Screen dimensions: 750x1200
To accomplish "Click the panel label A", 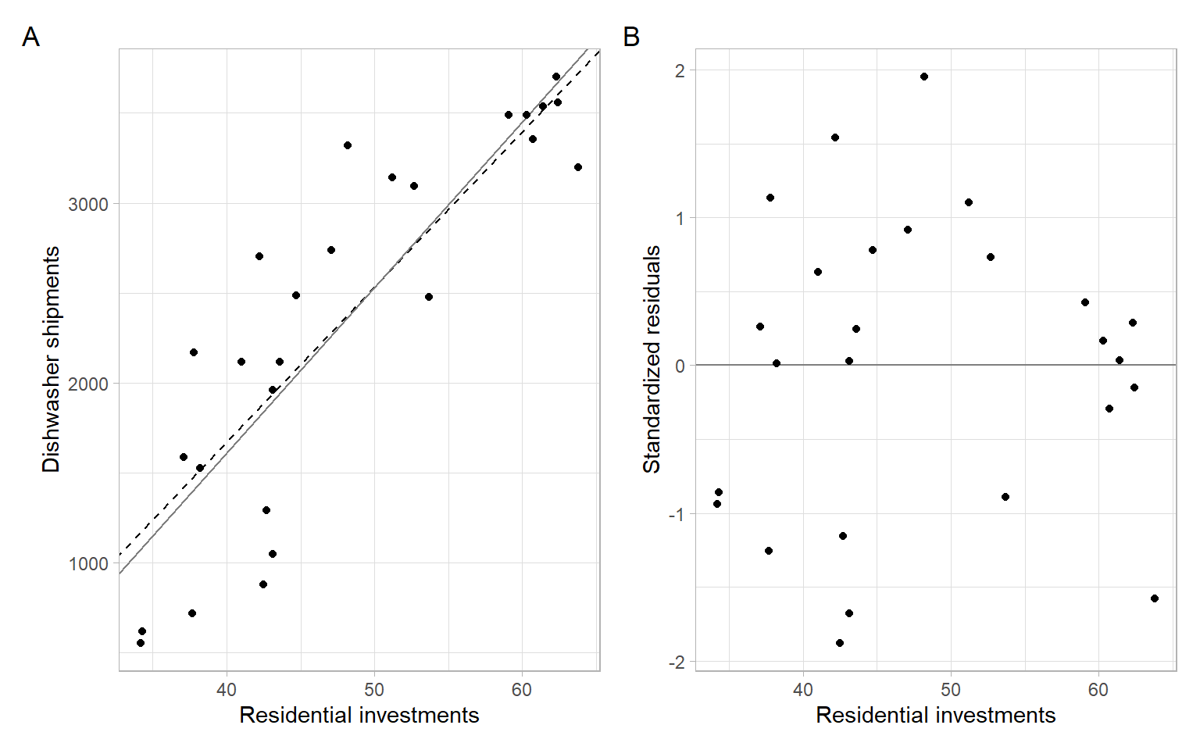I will pos(30,37).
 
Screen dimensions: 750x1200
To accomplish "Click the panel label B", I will pos(631,37).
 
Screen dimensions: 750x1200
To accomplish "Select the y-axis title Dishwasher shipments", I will pos(51,359).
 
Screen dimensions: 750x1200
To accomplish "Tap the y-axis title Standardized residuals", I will pos(652,359).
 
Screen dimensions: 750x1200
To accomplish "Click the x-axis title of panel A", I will pos(359,715).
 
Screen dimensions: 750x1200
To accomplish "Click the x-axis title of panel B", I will pos(935,715).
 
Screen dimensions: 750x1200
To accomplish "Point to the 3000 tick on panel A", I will pos(88,205).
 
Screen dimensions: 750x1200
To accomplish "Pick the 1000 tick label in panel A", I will pos(88,564).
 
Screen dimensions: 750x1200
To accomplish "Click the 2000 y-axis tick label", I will pos(88,384).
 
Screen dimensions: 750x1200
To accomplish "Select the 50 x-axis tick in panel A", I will pos(374,690).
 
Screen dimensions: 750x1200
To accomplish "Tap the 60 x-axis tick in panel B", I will pos(1098,690).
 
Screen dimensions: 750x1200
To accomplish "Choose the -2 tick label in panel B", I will pos(676,662).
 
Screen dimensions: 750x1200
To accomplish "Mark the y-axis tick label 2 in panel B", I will pos(680,71).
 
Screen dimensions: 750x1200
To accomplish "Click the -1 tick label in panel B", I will pos(676,514).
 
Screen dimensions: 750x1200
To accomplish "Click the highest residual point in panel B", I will pos(924,77).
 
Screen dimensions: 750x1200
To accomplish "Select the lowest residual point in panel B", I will pos(840,643).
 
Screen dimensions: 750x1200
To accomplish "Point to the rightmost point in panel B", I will pos(1155,598).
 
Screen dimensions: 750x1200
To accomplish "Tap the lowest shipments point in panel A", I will pos(141,643).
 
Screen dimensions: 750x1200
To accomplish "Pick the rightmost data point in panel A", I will pos(578,167).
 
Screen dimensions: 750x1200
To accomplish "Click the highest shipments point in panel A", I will pos(556,77).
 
